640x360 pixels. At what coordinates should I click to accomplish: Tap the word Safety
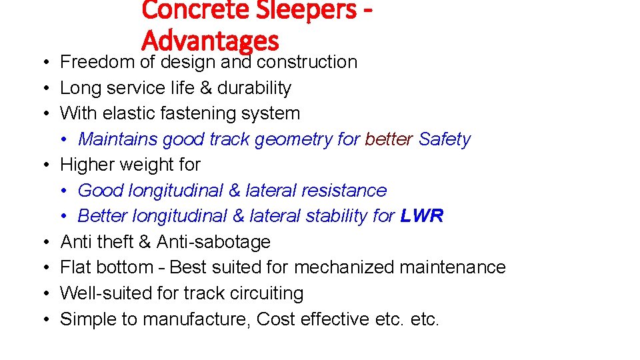pos(445,139)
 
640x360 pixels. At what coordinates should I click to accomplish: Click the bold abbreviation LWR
pos(422,216)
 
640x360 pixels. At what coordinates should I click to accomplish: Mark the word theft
pos(118,241)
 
